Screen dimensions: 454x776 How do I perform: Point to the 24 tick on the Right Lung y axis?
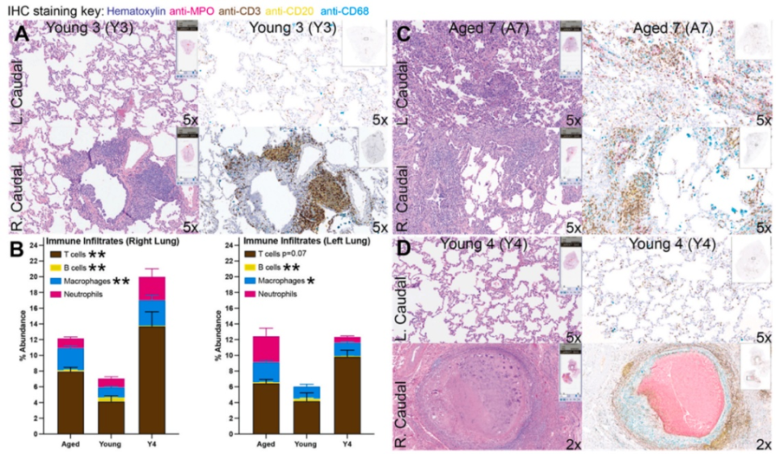tap(34, 244)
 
